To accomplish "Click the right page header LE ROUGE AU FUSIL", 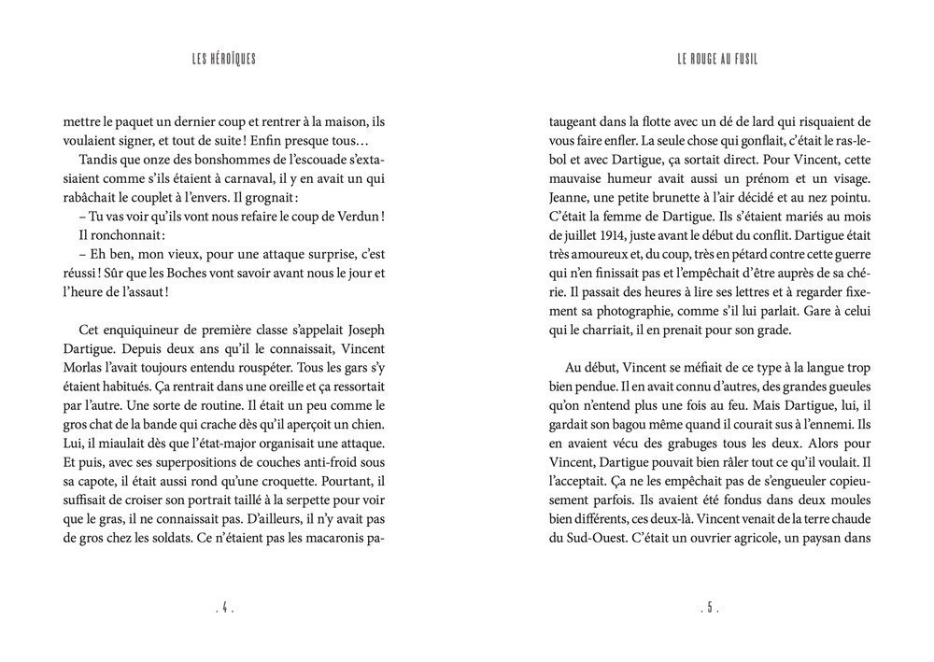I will point(717,60).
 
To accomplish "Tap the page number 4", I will point(224,608).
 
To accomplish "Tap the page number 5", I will point(710,608).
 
